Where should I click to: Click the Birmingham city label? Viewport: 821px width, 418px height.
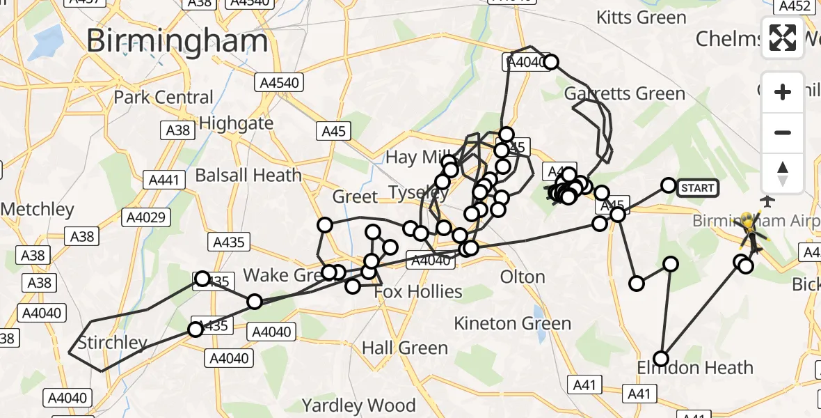177,42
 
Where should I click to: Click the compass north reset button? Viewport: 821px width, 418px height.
783,173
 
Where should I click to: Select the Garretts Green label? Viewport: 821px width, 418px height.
624,93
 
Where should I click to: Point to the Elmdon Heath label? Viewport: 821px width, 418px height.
695,368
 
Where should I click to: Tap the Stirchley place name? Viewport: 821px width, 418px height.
112,343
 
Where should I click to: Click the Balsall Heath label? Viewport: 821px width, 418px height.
248,175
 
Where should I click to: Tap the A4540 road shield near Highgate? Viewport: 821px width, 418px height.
279,83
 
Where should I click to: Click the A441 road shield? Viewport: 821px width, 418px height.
164,181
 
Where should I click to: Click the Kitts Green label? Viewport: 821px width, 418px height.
641,16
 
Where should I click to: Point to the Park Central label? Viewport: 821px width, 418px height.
164,97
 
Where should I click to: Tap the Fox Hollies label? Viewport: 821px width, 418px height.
417,291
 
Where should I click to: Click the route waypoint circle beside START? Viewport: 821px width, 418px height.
668,185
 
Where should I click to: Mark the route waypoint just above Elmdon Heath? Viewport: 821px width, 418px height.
661,359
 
